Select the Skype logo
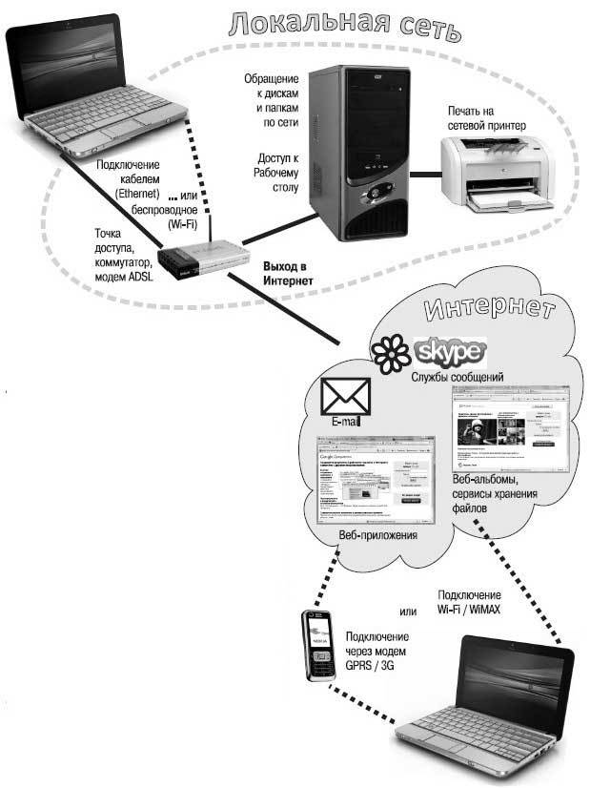[451, 355]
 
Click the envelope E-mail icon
[345, 397]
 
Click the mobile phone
[316, 644]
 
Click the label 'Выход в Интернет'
[288, 276]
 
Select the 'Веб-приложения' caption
[378, 535]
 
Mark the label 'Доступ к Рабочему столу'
[277, 175]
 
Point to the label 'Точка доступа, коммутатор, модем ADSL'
[120, 254]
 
